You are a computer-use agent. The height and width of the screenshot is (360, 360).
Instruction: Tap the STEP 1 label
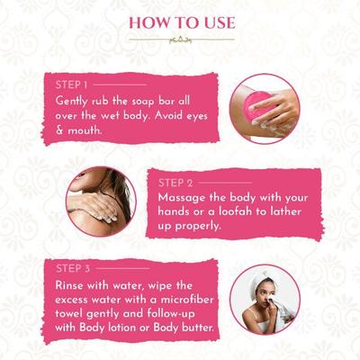pos(72,84)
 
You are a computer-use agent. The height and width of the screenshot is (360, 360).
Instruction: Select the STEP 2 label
pos(174,183)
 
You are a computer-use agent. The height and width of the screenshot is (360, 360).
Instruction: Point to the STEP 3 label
pos(72,268)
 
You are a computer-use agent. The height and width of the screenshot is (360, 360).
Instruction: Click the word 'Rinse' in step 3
pos(71,285)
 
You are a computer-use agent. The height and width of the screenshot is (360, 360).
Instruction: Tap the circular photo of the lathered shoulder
pos(100,203)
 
